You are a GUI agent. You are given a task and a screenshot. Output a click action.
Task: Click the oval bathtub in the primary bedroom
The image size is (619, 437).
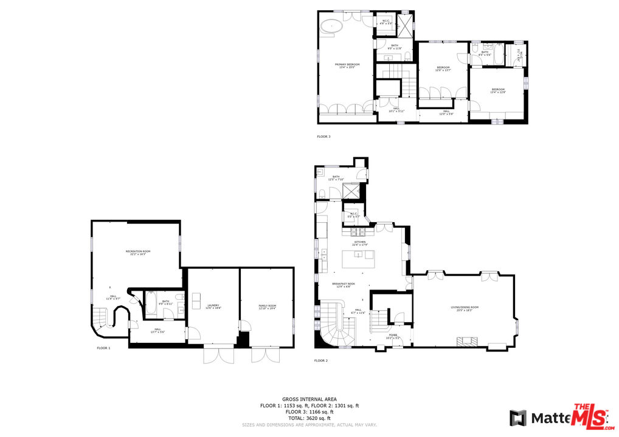click(331, 25)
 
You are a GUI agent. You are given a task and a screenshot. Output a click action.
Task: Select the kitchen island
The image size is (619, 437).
click(360, 260)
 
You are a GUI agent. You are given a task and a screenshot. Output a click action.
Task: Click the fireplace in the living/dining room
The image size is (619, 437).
click(466, 342)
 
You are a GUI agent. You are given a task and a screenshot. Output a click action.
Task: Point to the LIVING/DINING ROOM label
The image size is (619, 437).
click(464, 308)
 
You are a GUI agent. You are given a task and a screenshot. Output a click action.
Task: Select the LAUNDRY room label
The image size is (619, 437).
click(213, 307)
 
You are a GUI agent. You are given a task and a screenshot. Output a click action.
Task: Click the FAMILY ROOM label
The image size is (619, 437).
click(268, 307)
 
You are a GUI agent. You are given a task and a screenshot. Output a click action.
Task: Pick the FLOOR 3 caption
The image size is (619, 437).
click(323, 137)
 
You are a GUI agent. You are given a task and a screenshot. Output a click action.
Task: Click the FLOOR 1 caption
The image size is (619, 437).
click(103, 348)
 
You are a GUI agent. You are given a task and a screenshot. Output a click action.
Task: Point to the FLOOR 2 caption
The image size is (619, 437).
click(321, 361)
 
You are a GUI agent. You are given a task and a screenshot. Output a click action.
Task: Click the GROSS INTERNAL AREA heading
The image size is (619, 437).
click(309, 399)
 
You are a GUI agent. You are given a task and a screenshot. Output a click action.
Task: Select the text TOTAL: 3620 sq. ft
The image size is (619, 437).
click(309, 418)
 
